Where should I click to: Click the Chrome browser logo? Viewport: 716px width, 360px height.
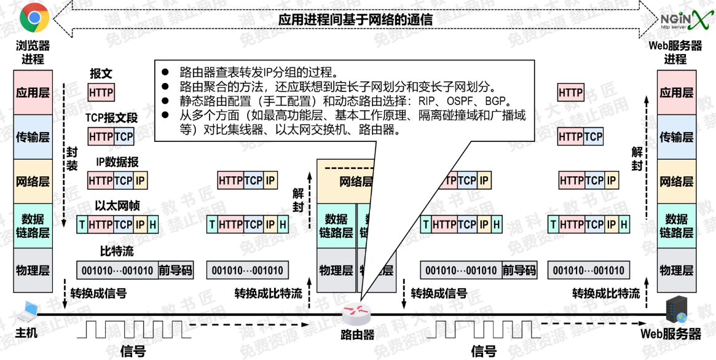point(34,18)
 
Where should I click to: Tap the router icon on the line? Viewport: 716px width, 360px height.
point(357,315)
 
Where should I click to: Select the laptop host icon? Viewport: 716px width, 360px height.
point(28,312)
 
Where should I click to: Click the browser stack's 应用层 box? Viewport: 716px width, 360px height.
point(33,93)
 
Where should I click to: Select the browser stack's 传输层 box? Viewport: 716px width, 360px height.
point(33,137)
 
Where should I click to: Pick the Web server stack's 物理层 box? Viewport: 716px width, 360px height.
point(677,270)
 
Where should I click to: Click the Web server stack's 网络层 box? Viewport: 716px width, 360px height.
point(677,181)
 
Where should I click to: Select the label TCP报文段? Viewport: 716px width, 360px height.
point(112,117)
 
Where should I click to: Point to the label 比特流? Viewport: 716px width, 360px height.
point(117,251)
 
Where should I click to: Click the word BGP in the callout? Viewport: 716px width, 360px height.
point(498,101)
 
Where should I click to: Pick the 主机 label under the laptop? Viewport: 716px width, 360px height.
point(26,333)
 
